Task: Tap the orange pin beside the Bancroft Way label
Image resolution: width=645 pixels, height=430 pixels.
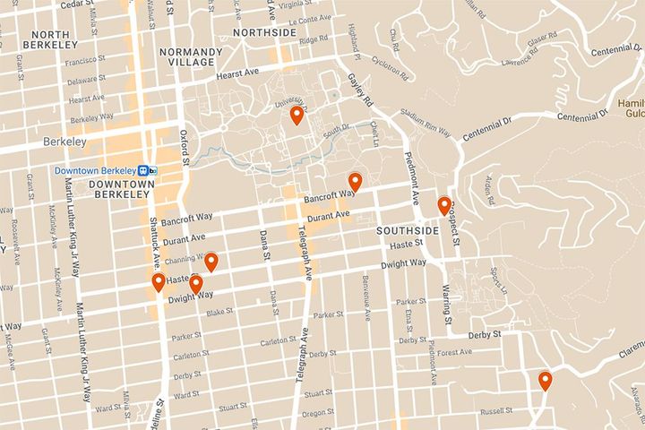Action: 355,182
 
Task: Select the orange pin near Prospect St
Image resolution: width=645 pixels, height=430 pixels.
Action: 443,206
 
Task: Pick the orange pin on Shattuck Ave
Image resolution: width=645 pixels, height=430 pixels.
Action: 159,283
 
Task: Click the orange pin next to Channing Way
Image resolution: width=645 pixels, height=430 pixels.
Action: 211,262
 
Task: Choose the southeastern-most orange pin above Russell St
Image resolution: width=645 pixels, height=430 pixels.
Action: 545,381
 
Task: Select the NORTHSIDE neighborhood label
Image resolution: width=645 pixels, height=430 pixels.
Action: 263,32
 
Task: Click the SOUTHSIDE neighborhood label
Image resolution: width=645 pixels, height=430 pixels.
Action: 408,230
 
